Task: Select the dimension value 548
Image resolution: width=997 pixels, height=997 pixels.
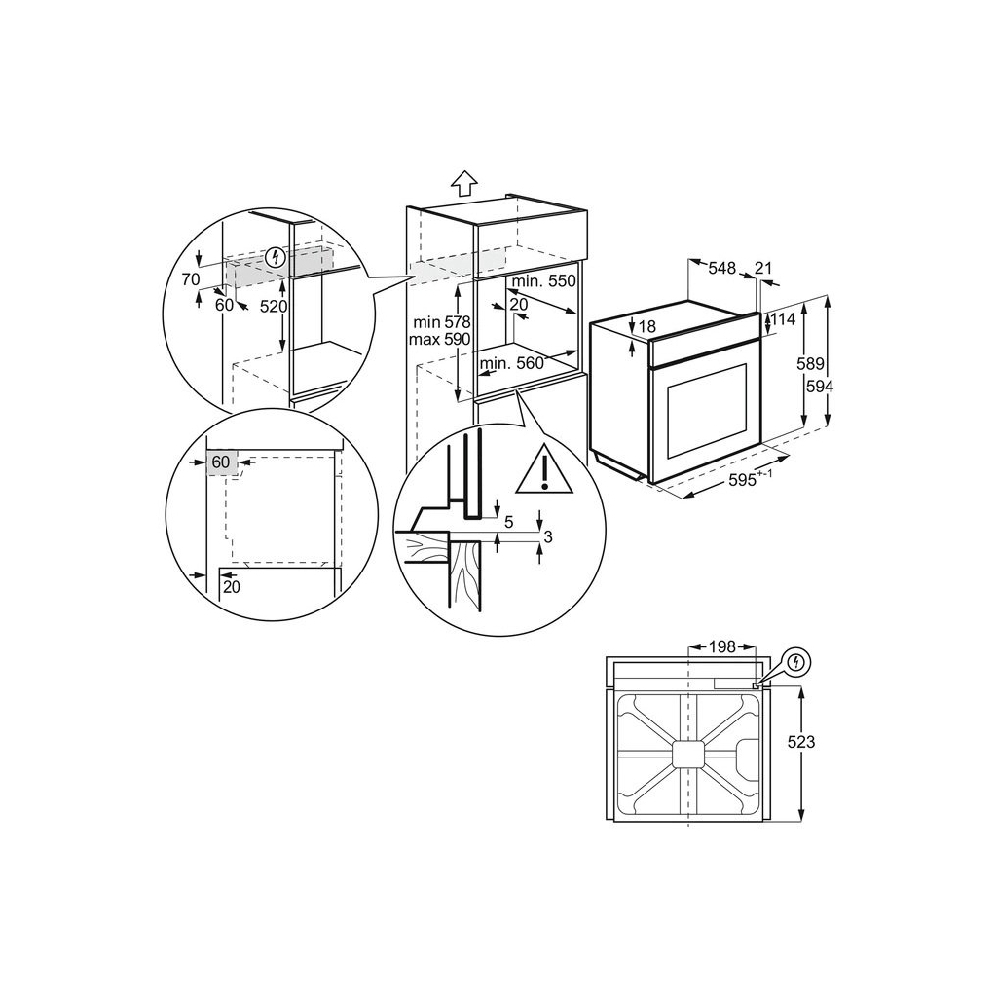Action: click(x=720, y=268)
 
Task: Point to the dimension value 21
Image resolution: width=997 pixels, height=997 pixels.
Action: click(x=764, y=268)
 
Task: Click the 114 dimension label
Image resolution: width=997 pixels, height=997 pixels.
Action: click(x=784, y=320)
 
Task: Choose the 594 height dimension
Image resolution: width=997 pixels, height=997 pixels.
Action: click(x=819, y=386)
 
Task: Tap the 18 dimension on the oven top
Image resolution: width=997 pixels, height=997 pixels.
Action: click(x=647, y=326)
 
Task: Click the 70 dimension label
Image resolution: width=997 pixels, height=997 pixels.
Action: click(x=190, y=277)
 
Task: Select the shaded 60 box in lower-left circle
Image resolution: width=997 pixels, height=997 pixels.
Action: click(x=221, y=462)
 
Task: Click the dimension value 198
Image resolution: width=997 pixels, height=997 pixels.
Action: click(x=721, y=646)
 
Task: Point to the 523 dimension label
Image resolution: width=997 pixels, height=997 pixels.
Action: click(x=800, y=742)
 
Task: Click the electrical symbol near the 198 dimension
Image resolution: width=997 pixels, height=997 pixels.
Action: click(x=797, y=662)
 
